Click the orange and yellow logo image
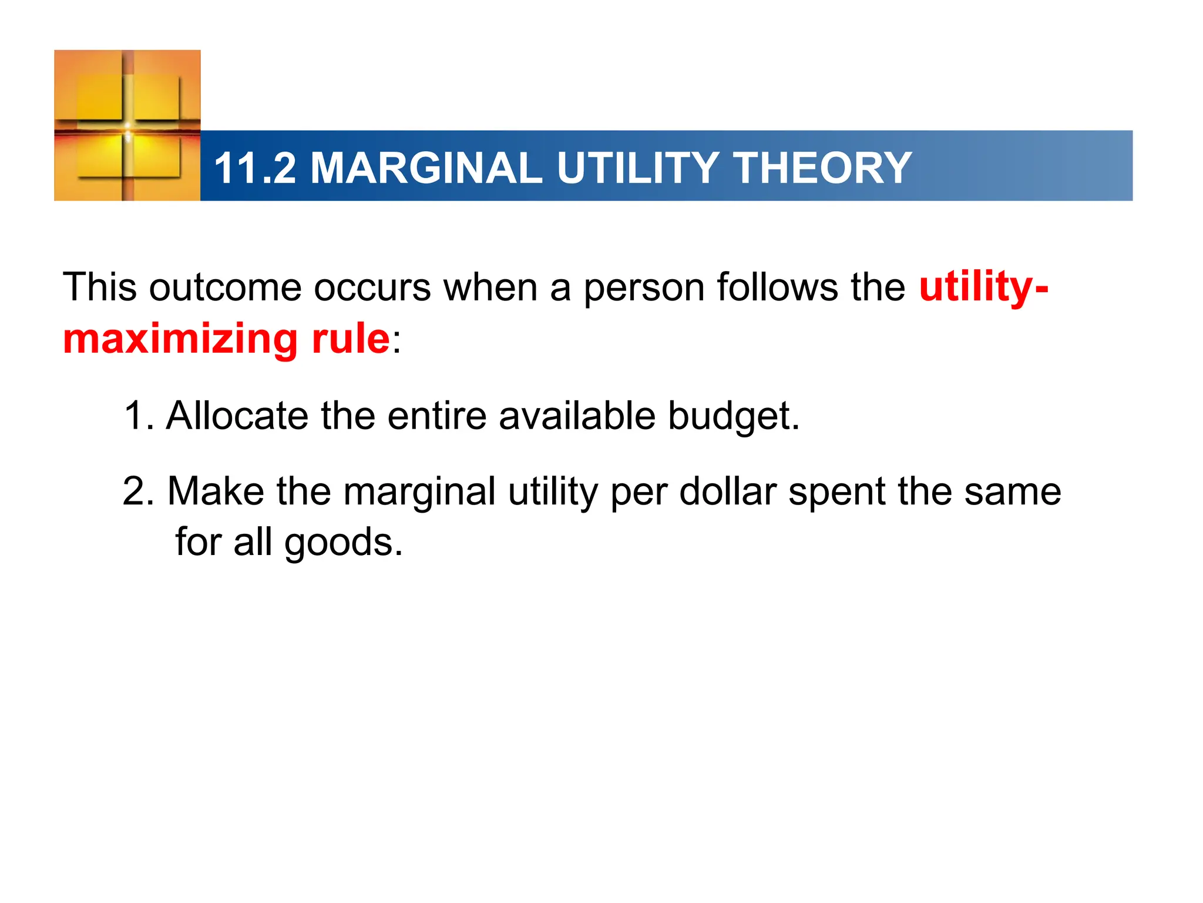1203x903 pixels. [127, 125]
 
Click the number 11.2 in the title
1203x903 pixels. [255, 168]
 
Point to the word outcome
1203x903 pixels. [225, 288]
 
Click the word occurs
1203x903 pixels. [372, 288]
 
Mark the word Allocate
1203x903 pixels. [237, 416]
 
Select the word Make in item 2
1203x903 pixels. [216, 491]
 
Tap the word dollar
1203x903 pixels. [728, 491]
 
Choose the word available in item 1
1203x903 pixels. [577, 416]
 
